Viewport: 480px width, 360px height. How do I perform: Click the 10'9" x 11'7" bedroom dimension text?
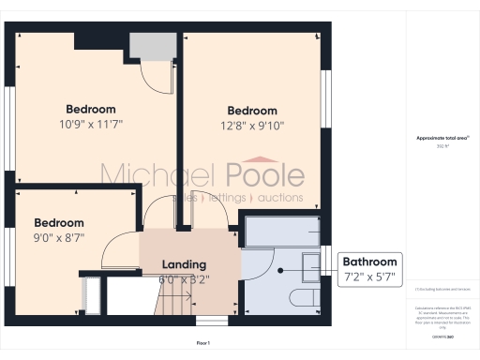pos(91,123)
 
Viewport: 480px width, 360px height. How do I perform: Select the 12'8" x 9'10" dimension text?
pos(252,125)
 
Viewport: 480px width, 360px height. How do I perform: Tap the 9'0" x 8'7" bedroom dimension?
pos(59,237)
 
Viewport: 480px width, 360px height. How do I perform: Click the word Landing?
pos(184,264)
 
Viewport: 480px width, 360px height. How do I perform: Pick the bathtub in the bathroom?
pos(280,230)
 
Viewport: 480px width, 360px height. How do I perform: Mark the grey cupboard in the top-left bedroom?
pos(146,44)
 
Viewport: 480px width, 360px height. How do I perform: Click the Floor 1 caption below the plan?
pos(203,343)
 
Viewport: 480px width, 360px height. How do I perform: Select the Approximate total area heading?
pos(442,138)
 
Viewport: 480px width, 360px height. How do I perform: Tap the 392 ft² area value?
pos(442,146)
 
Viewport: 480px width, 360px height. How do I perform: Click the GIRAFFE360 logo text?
pos(442,334)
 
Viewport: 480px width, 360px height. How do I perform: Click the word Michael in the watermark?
pos(158,175)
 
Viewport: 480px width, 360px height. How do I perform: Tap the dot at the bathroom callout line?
pos(278,269)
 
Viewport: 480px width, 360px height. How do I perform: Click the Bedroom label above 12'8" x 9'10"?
pos(252,110)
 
